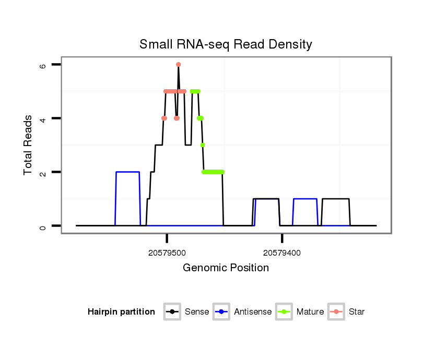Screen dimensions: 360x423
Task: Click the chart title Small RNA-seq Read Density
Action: tap(226, 44)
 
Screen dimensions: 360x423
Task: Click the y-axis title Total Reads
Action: tap(28, 145)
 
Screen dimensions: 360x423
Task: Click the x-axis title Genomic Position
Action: tap(226, 268)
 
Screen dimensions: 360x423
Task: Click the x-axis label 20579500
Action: tap(167, 253)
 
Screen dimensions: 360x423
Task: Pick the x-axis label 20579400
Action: tap(282, 253)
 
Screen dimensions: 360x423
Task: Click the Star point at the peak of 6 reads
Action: tap(178, 65)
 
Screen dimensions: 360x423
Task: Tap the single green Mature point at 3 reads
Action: tap(202, 145)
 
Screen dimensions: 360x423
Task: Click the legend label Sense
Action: tap(197, 312)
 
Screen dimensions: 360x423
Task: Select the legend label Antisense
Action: tap(253, 312)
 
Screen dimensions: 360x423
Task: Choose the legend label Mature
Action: tap(310, 312)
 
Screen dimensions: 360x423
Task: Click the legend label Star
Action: tap(357, 312)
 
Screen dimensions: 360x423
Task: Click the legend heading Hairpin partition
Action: tap(122, 312)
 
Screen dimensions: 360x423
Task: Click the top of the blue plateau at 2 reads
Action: tap(128, 172)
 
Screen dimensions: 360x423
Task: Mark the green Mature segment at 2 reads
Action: tap(213, 172)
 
